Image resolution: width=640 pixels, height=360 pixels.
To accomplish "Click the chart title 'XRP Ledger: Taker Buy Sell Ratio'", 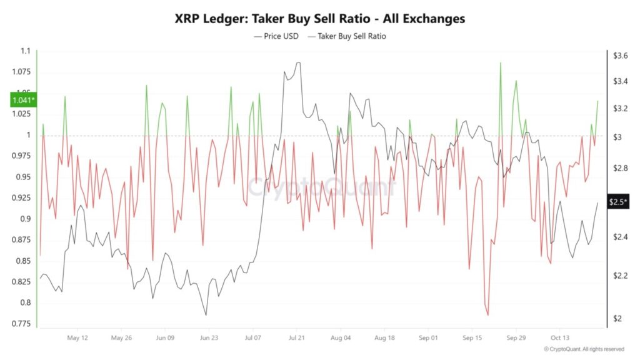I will point(319,18).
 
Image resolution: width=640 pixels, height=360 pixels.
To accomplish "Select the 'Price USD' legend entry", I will point(279,36).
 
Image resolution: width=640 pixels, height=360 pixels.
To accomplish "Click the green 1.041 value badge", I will point(23,100).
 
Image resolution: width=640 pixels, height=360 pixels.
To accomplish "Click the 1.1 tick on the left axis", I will point(26,51).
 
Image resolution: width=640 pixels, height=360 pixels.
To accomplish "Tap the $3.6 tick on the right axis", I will point(620,56).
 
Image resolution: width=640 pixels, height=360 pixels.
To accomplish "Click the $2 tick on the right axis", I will point(617,319).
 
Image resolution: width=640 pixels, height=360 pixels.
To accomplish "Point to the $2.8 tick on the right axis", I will point(620,168).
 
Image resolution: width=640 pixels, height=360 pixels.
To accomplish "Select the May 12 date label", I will point(77,337).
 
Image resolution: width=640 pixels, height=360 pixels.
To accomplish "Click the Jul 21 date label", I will point(297,337).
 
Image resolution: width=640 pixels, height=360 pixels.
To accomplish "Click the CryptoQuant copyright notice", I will point(584,349).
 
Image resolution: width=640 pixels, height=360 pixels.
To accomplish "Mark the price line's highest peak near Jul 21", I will point(298,62).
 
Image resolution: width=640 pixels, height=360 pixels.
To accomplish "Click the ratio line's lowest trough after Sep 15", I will point(487,316).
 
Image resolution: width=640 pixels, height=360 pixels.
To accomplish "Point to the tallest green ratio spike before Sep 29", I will point(501,63).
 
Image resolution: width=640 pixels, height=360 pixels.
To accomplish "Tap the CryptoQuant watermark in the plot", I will point(321,187).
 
